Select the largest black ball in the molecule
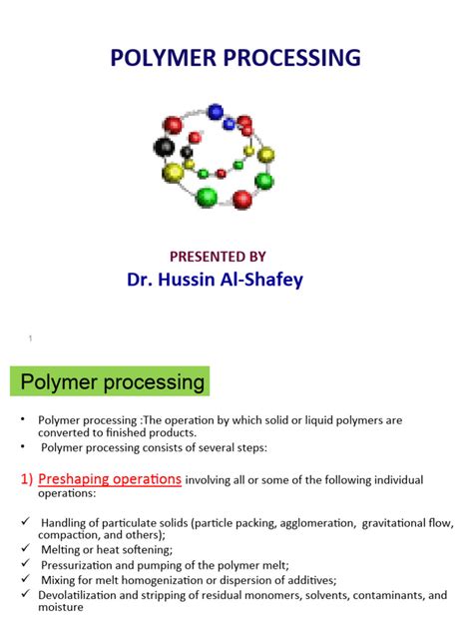pyautogui.click(x=165, y=148)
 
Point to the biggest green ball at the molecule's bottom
pyautogui.click(x=207, y=196)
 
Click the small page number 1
pyautogui.click(x=30, y=338)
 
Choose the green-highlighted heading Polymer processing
pyautogui.click(x=115, y=381)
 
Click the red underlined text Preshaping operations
pyautogui.click(x=110, y=479)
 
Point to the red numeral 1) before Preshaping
pyautogui.click(x=27, y=479)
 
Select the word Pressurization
pyautogui.click(x=81, y=565)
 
